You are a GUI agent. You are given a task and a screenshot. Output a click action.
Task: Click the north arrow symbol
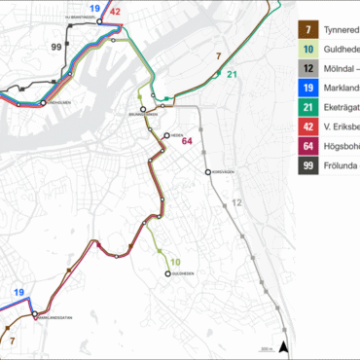tap(283, 346)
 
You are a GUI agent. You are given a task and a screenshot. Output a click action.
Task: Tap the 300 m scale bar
tap(265, 350)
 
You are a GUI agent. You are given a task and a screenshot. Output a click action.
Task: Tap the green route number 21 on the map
tap(232, 75)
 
